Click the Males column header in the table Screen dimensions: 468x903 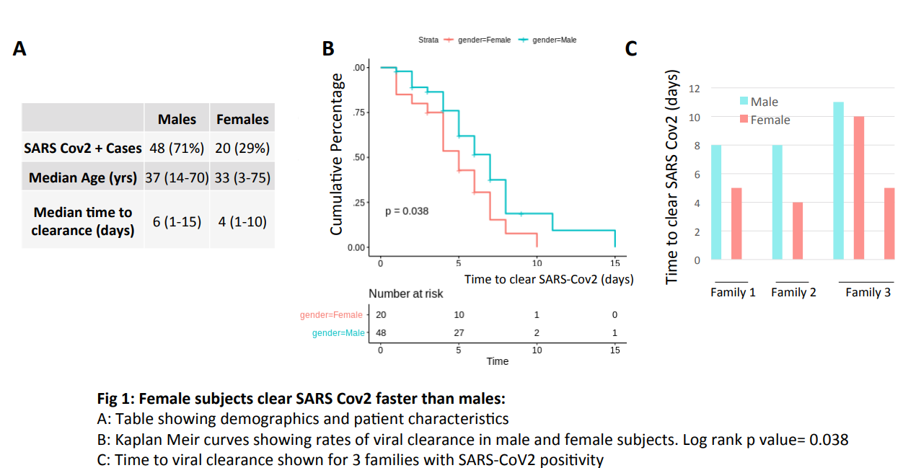[177, 119]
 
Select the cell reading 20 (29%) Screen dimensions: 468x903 [242, 149]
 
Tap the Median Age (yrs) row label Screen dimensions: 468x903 [83, 177]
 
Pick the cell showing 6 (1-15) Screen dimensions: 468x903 [177, 221]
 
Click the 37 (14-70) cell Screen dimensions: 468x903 [177, 177]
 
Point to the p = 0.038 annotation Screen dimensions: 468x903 [407, 211]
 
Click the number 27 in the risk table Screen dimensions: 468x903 [459, 332]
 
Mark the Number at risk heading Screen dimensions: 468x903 [406, 293]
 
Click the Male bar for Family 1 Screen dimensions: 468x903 [716, 202]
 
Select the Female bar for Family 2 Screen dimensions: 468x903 [798, 231]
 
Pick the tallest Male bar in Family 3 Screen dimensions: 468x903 [838, 180]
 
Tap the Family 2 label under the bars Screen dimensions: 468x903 [793, 292]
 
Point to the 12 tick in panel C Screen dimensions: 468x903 [695, 88]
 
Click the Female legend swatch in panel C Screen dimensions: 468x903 [743, 120]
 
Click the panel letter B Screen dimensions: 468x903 [328, 48]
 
